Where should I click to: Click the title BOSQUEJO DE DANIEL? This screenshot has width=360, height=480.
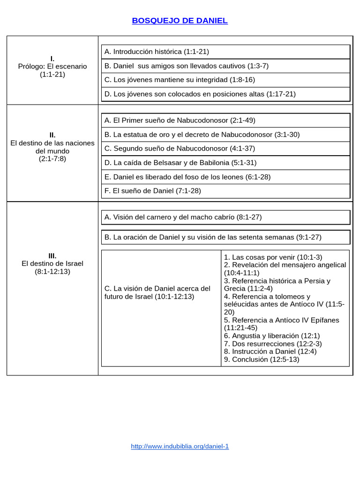[x=180, y=21]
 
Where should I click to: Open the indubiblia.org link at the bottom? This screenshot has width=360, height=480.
[x=180, y=446]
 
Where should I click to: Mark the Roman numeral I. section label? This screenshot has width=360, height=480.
[x=52, y=59]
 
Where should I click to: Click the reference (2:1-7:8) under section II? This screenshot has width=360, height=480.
[x=52, y=159]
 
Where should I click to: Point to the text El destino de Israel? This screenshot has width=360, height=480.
[x=52, y=263]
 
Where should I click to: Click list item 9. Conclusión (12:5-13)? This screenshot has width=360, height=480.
[x=262, y=360]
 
